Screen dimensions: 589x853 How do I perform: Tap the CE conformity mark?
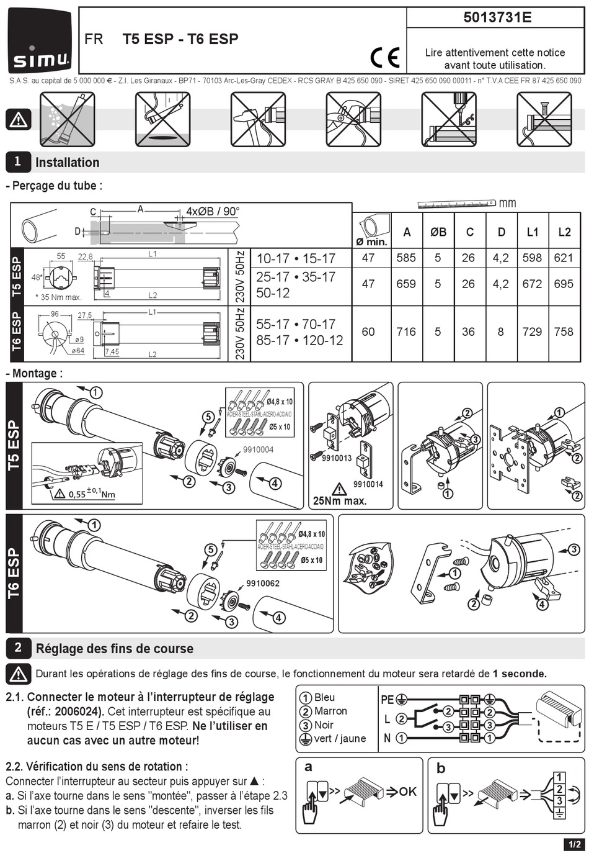tap(384, 58)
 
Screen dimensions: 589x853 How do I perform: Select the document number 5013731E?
tap(497, 17)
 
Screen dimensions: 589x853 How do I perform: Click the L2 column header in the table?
tap(564, 232)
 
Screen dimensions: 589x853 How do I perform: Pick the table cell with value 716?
tap(406, 332)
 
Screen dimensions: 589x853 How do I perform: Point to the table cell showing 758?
tap(564, 332)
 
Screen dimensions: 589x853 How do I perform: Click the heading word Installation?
tap(68, 163)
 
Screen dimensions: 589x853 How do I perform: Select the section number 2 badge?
tap(18, 648)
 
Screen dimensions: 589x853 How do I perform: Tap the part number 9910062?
tap(263, 584)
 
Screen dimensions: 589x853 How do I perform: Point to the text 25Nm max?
tap(340, 500)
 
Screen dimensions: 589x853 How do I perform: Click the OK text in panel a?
tap(407, 792)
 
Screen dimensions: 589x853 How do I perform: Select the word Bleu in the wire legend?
tap(324, 697)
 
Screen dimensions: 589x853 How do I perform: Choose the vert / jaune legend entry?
tap(340, 739)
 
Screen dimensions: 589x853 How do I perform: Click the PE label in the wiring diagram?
tap(387, 700)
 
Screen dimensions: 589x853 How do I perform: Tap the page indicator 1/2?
tap(573, 844)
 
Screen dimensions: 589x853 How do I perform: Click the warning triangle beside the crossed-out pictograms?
tap(19, 119)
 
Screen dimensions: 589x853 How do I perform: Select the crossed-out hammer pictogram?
tap(258, 119)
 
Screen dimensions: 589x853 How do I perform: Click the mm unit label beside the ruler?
tap(507, 203)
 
